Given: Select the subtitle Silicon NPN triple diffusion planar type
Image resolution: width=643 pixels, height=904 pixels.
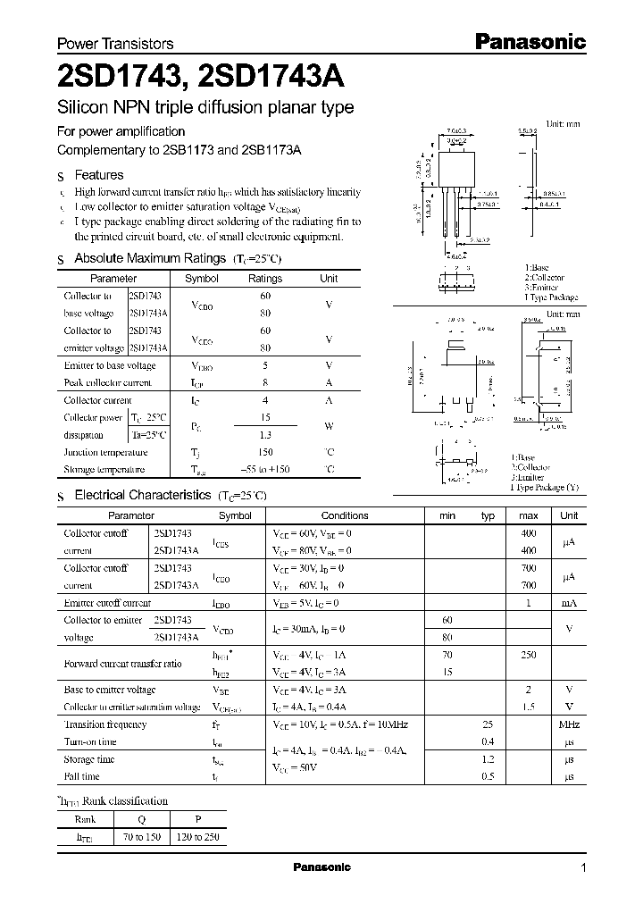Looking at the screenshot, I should (x=205, y=108).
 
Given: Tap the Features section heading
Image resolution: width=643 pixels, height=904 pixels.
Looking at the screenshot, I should (x=98, y=175).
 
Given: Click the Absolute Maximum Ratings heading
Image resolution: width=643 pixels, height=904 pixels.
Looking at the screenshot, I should (x=149, y=258).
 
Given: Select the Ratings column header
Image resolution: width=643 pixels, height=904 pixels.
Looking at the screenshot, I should (x=265, y=278).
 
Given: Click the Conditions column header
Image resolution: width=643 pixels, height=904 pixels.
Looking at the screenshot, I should (x=345, y=515).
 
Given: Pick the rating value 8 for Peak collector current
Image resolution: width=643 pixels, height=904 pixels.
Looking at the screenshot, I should (x=265, y=382).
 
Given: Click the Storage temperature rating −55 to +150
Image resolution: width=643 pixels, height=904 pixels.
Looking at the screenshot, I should (x=265, y=469).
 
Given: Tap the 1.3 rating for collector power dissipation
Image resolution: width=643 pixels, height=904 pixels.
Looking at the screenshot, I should (x=265, y=435).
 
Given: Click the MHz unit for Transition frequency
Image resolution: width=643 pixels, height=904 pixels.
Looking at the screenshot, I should (x=569, y=724).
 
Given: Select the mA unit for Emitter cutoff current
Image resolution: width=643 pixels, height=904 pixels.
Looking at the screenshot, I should (x=569, y=603).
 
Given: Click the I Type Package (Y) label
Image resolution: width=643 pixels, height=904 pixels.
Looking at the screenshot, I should (x=543, y=487).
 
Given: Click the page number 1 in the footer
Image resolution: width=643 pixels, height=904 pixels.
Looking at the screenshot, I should (x=583, y=868).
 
